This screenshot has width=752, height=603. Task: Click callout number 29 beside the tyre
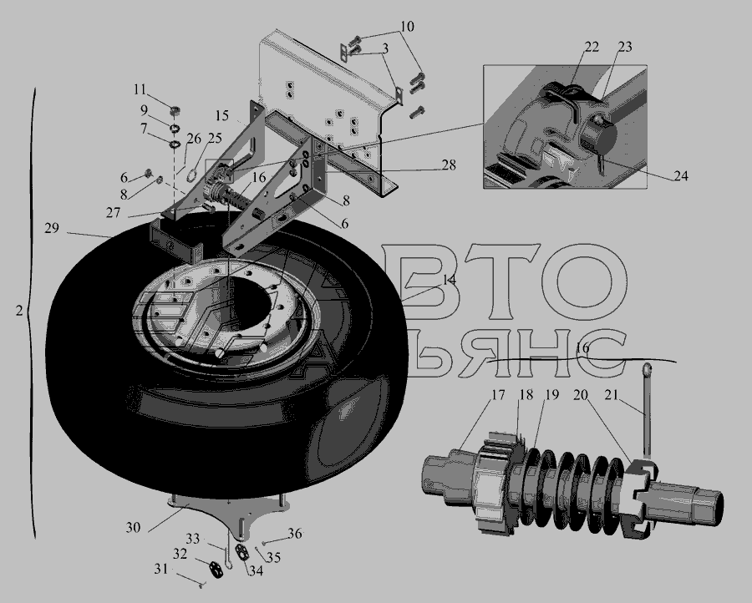click(x=51, y=228)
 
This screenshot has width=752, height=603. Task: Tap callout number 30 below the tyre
click(x=134, y=528)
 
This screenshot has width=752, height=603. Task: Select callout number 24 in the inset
click(x=680, y=176)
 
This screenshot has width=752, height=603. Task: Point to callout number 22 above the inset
click(x=592, y=47)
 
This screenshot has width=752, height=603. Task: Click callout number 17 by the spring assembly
click(x=498, y=394)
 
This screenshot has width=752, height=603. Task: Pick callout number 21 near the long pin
click(x=612, y=394)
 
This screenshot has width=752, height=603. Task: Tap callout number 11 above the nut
click(x=140, y=89)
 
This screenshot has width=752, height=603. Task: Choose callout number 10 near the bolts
click(x=407, y=27)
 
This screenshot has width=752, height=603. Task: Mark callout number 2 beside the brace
click(x=18, y=311)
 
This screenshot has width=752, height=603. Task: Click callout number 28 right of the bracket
click(x=449, y=165)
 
